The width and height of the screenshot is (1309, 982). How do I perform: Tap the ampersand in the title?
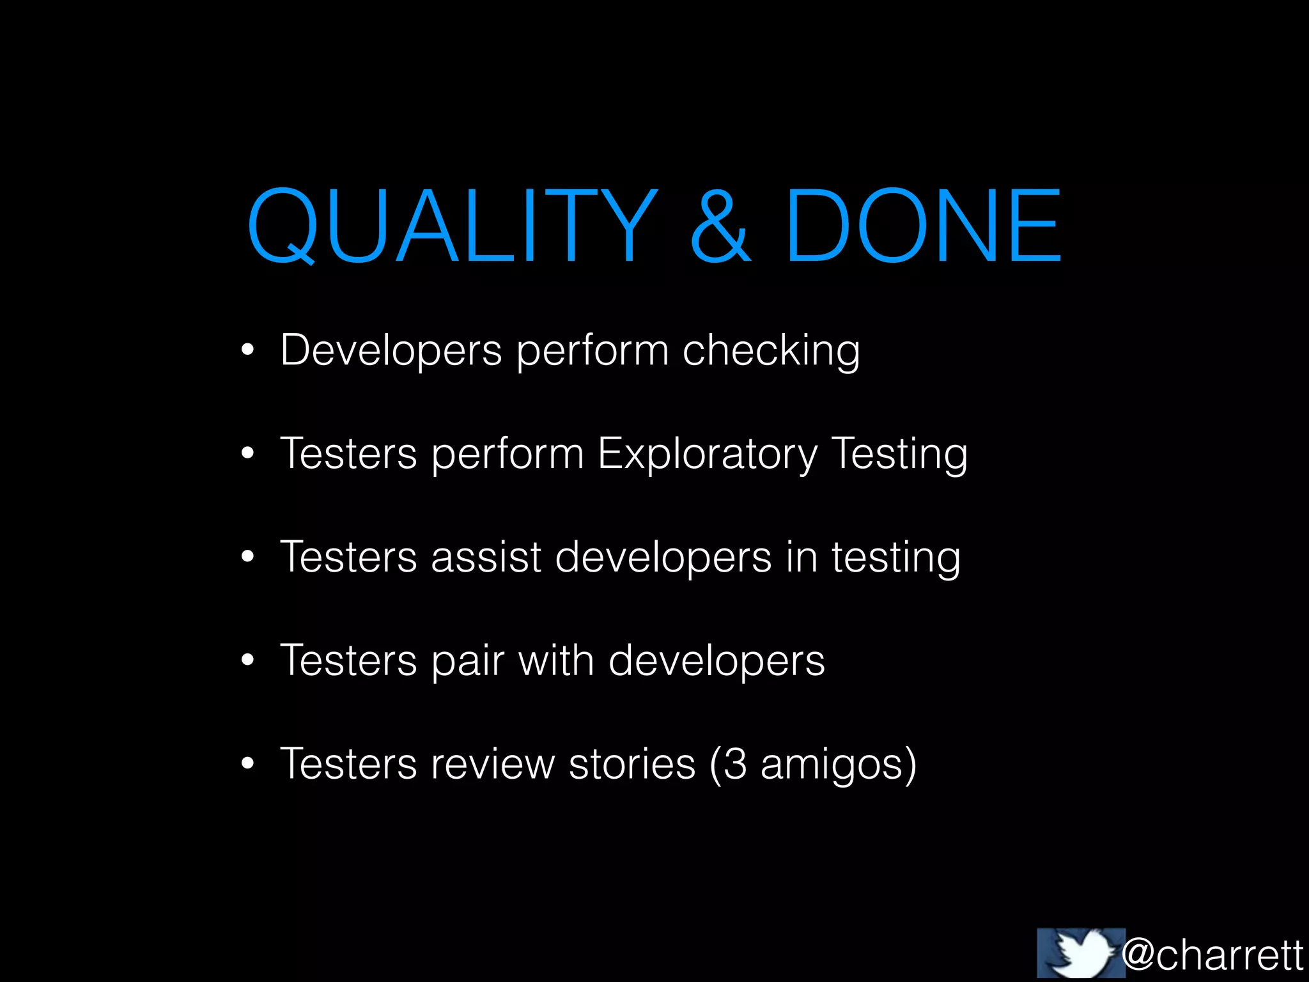point(720,226)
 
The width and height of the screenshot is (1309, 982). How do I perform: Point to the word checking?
point(771,351)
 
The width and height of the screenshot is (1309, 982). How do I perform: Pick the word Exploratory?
point(708,455)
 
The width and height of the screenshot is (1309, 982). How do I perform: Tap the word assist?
point(486,557)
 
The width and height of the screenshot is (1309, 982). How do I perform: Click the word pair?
point(467,661)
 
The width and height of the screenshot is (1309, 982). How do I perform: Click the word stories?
point(631,764)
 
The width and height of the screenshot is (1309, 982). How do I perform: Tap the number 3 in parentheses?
point(735,764)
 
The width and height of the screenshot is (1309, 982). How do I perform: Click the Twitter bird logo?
point(1081,953)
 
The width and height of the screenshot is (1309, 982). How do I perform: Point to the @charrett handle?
point(1212,955)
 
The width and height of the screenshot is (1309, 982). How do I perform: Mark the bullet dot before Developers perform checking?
point(248,350)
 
